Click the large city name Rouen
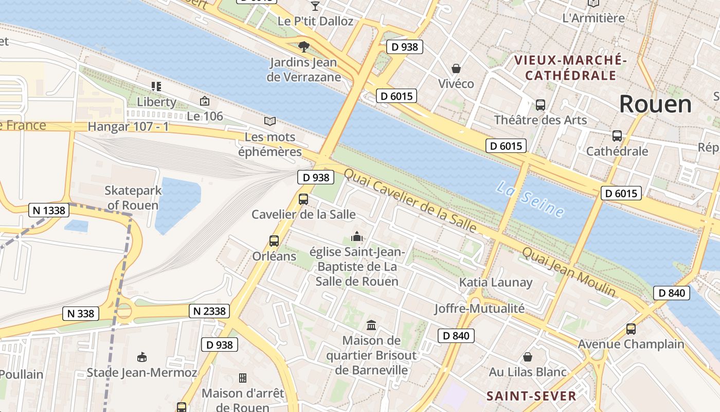[x=655, y=105]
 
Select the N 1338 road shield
[x=49, y=210]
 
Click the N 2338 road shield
[x=210, y=311]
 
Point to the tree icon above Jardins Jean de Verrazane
[x=304, y=47]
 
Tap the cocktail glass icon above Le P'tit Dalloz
[x=315, y=6]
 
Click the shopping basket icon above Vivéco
[x=456, y=68]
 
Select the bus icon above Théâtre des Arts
[x=540, y=105]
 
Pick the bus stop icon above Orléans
[x=274, y=241]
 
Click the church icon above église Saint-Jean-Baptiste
[x=356, y=237]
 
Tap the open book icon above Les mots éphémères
[x=270, y=122]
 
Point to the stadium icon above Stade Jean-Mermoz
[x=142, y=357]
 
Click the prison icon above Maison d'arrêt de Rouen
[x=243, y=378]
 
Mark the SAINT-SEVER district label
[x=531, y=396]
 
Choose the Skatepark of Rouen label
[x=133, y=198]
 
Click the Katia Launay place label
[x=496, y=282]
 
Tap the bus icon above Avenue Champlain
[x=631, y=329]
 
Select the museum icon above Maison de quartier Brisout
[x=371, y=325]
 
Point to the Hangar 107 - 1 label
[x=128, y=126]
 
